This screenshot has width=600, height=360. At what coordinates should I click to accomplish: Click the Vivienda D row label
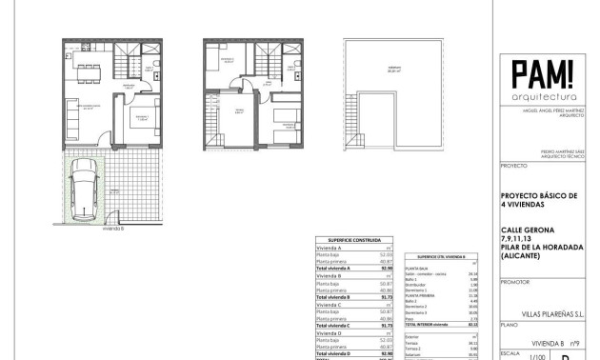(x=328, y=332)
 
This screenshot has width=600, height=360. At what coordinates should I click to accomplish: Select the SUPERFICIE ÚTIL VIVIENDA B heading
(x=440, y=257)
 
